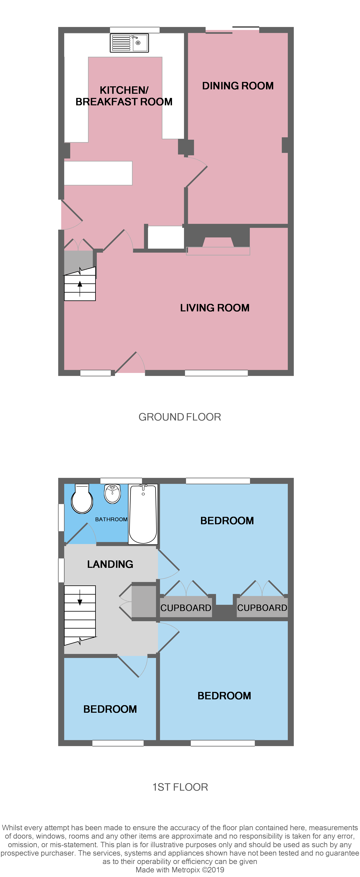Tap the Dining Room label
tap(238, 86)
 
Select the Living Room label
tap(215, 308)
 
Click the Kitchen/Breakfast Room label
tap(124, 96)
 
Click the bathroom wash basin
tap(112, 494)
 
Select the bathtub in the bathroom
tap(143, 514)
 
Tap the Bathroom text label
tap(111, 519)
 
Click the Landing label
tap(110, 564)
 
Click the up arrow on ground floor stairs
tap(80, 285)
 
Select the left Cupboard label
tap(186, 608)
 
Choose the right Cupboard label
tap(262, 608)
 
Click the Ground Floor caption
tap(179, 417)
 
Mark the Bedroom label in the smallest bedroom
tap(110, 709)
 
